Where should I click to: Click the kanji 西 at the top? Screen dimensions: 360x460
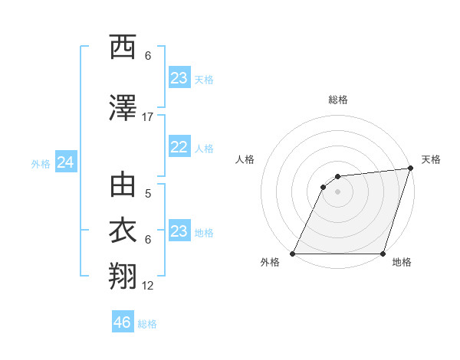(123, 47)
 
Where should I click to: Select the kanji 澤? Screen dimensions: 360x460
(123, 108)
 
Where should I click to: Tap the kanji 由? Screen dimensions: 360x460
(123, 185)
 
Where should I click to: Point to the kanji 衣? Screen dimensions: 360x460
(123, 231)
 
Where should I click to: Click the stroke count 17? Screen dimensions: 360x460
(148, 116)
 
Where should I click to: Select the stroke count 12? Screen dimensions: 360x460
(148, 285)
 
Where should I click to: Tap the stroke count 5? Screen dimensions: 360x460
(148, 194)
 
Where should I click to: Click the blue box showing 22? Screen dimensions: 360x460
(179, 148)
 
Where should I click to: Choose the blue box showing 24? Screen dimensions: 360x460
(66, 162)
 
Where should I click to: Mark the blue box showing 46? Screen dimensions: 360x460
(123, 322)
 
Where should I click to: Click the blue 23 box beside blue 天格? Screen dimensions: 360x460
(179, 78)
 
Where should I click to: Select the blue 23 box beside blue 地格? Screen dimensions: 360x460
(179, 231)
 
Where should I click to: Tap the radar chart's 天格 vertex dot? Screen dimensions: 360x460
(411, 169)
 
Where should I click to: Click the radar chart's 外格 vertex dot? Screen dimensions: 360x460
(293, 254)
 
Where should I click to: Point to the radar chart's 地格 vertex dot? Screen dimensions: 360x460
(383, 254)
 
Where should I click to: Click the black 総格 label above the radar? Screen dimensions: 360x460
(337, 100)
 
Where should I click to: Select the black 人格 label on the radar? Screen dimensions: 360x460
(245, 159)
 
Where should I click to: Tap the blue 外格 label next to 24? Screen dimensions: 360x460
(41, 163)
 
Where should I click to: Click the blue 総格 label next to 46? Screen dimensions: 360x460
(147, 324)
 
